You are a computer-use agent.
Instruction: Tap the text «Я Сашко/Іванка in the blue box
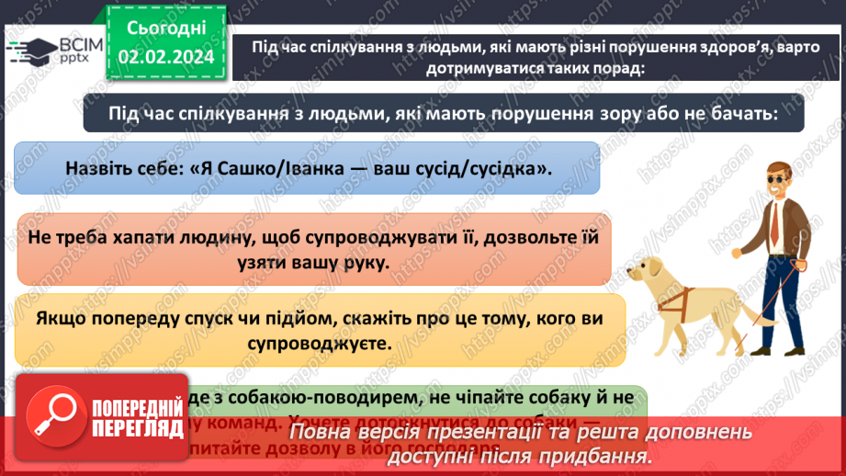(253, 168)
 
